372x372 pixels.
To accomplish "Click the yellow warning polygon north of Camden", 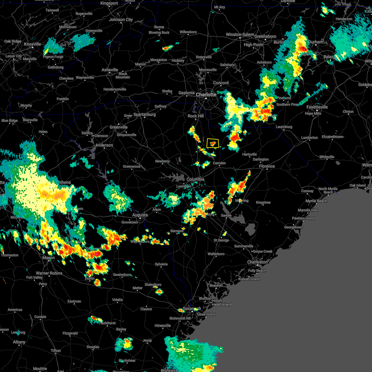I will click(213, 143).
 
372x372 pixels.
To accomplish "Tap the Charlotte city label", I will click(206, 95).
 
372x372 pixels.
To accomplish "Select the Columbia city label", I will click(195, 179).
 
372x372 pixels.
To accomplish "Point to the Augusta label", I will click(140, 215).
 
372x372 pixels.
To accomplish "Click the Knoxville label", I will click(33, 44).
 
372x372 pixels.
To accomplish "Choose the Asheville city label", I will click(110, 70).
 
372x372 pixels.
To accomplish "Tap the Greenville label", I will click(118, 127).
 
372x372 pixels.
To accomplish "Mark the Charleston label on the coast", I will click(257, 262).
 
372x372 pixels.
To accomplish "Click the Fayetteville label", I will click(317, 107).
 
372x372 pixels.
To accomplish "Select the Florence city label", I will click(267, 166).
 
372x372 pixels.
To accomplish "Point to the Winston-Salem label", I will click(240, 34).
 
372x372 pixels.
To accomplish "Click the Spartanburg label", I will click(144, 114).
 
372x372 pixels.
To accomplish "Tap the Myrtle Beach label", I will click(316, 201).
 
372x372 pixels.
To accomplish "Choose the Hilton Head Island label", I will click(221, 303).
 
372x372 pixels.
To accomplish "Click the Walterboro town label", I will click(216, 254).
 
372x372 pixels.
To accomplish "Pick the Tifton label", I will click(56, 351).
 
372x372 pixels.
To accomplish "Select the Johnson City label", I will click(121, 20).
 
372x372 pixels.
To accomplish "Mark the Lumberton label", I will click(309, 138).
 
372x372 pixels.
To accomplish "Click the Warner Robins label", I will click(49, 273).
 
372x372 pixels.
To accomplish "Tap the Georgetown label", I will click(293, 227).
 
